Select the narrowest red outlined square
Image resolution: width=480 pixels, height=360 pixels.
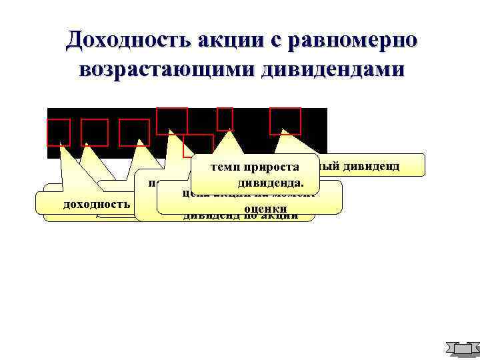pos(225,119)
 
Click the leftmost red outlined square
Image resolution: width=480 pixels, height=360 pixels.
pos(59,132)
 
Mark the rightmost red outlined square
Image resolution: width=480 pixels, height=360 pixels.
pos(285,121)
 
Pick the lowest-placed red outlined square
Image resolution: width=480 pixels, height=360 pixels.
pos(199,145)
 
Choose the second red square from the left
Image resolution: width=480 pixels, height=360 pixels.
pos(95,132)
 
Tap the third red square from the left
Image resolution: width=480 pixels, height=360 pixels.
pos(134,132)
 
